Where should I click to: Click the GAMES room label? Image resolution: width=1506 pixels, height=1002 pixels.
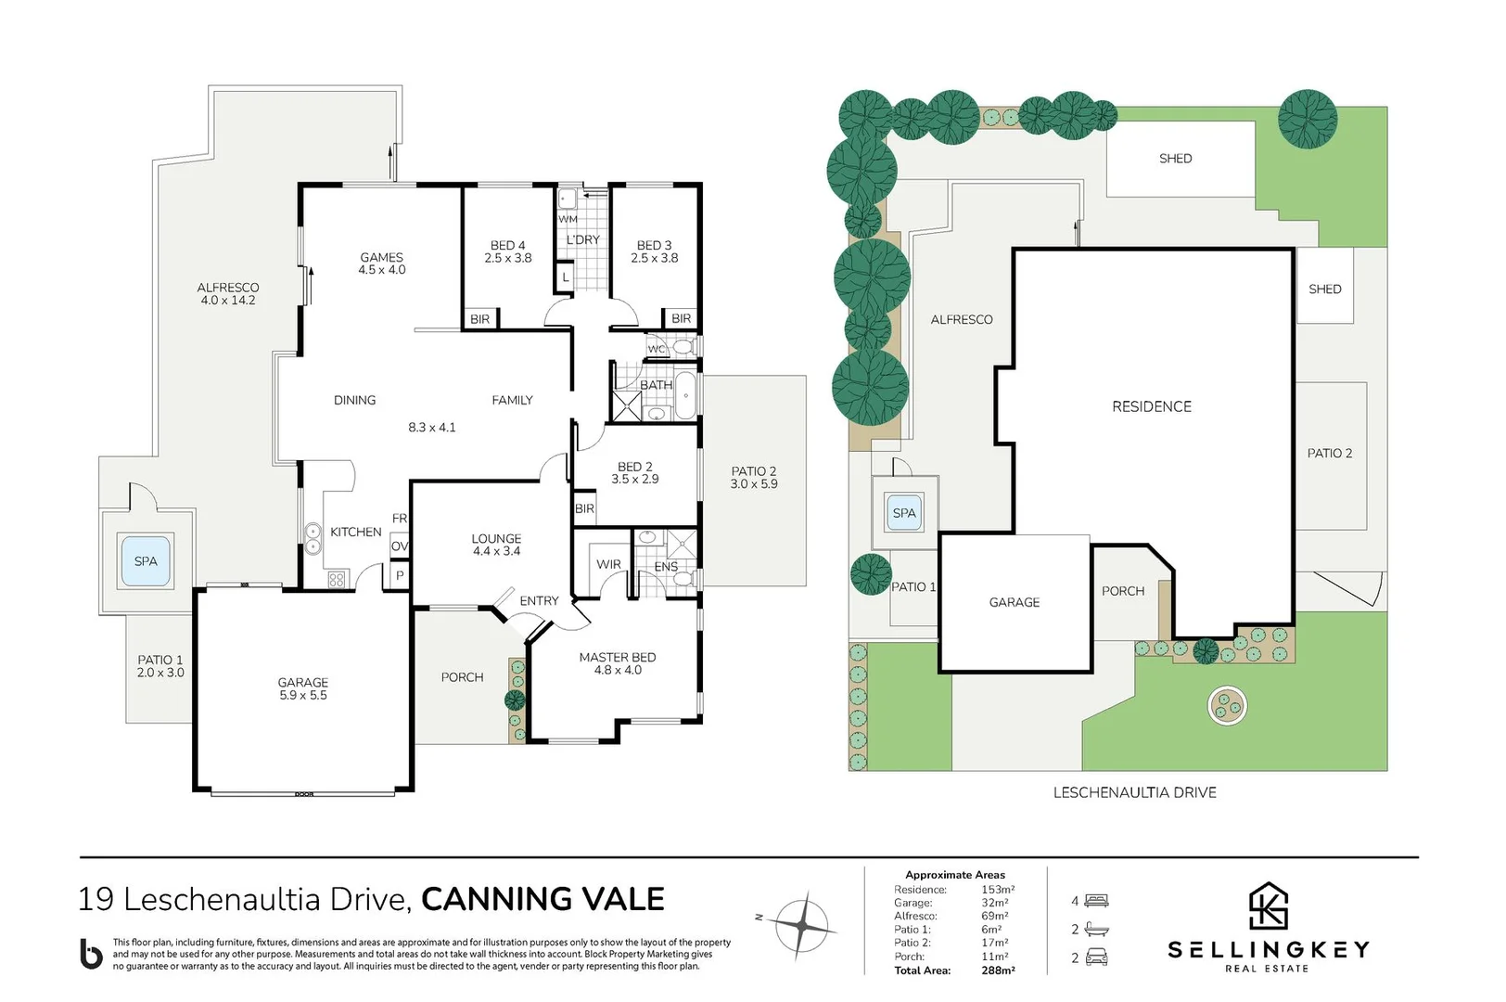(381, 257)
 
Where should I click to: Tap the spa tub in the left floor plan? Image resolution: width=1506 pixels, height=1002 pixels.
(146, 561)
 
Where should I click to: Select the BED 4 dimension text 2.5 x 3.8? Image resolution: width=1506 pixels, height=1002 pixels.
(507, 259)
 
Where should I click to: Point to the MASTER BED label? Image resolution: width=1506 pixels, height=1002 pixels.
(617, 657)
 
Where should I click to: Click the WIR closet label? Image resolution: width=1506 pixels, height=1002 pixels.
(608, 564)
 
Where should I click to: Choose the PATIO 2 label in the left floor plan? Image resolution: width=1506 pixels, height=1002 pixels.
(753, 471)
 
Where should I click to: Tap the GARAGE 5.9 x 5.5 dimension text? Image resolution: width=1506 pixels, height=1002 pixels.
(302, 695)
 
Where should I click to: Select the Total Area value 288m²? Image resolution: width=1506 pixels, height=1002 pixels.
(998, 970)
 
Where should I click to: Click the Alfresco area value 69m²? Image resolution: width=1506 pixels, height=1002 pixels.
(994, 916)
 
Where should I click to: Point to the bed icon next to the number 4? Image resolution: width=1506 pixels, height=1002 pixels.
(1096, 900)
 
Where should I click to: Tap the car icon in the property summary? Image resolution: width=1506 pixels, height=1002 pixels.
(1096, 957)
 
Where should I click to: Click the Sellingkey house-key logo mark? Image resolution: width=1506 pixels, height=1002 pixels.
(1268, 906)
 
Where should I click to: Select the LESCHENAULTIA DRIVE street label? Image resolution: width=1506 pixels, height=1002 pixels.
(1134, 792)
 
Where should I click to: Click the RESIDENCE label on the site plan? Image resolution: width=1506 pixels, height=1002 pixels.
(1151, 406)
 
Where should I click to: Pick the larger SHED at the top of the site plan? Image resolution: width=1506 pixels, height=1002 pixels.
(1175, 159)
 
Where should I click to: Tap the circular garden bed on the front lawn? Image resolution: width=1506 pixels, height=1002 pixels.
(1227, 706)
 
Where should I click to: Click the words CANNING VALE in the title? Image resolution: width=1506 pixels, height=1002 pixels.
(542, 899)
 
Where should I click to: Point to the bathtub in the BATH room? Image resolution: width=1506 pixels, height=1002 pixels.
(684, 397)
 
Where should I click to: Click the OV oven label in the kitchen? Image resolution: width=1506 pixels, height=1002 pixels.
(399, 546)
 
